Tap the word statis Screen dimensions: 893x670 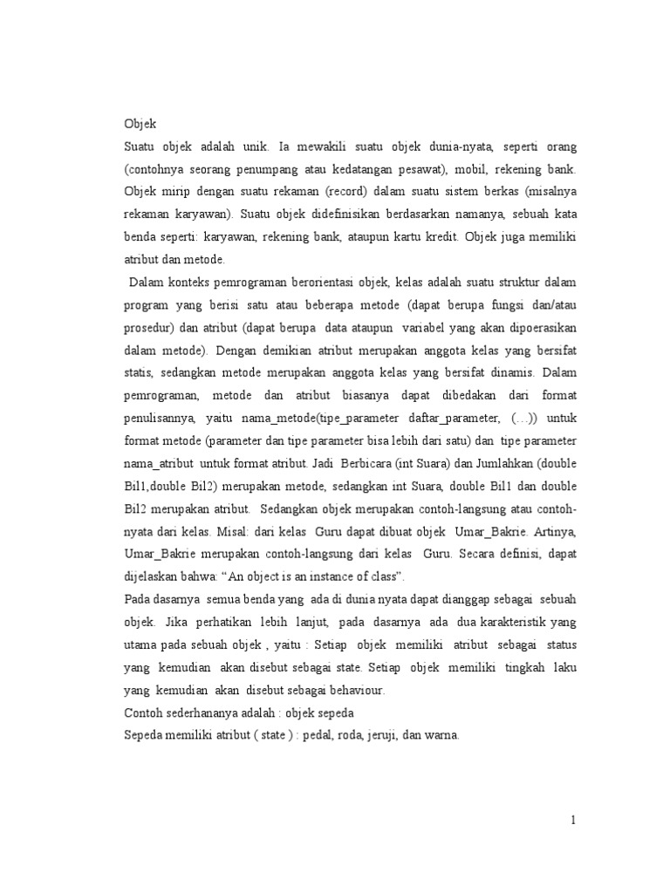coord(138,372)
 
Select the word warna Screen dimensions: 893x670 coord(440,735)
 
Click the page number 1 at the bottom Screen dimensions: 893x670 coord(573,820)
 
